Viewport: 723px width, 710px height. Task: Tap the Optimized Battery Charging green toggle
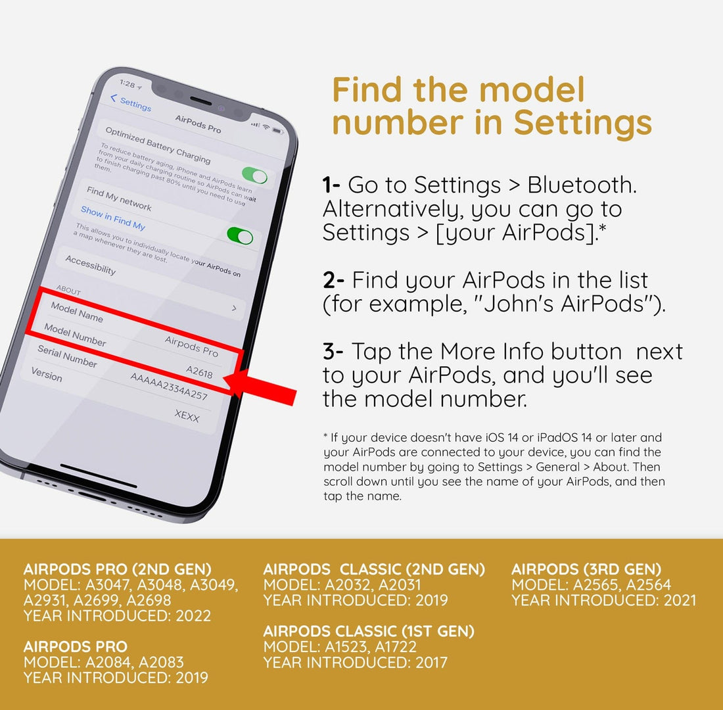[x=254, y=176]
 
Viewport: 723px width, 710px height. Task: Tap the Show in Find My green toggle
[x=240, y=235]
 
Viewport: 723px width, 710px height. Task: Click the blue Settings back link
[x=131, y=103]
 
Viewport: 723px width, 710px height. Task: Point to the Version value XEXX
[x=187, y=415]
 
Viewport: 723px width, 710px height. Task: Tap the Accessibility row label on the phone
[x=91, y=265]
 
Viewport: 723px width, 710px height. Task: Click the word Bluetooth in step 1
[x=582, y=185]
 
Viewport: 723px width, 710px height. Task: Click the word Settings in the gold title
[x=582, y=122]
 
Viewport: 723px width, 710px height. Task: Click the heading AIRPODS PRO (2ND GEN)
[x=118, y=569]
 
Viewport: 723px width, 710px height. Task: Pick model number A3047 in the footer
[x=107, y=585]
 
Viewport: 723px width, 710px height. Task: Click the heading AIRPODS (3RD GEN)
[x=586, y=569]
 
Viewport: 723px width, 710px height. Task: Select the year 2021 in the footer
[x=680, y=600]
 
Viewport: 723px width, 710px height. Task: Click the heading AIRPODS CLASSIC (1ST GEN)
[x=369, y=631]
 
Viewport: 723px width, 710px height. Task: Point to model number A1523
[x=346, y=647]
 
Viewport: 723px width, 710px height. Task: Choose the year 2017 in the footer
[x=431, y=663]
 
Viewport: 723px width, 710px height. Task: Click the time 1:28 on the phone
[x=128, y=83]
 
